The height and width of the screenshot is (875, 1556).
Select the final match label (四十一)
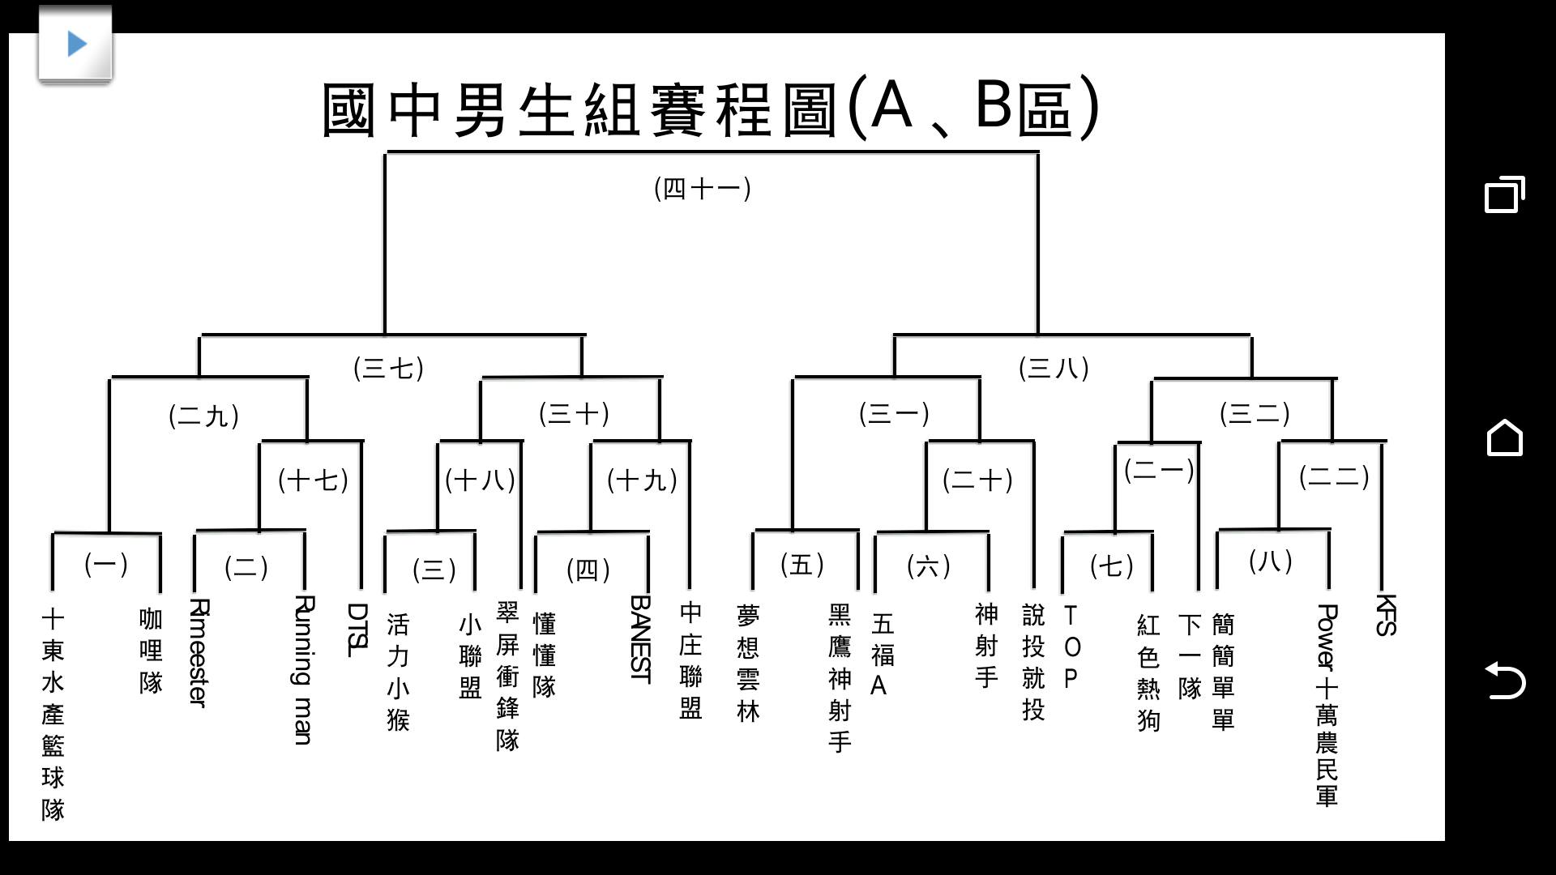click(703, 189)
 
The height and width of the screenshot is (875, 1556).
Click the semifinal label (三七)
click(389, 369)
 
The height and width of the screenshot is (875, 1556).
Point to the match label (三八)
click(1054, 369)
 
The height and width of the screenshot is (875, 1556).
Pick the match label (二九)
click(203, 416)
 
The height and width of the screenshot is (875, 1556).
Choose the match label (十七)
click(313, 480)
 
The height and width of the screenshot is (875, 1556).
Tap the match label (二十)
click(977, 480)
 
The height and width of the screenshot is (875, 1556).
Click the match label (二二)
click(1334, 476)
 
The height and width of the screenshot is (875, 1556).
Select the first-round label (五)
click(802, 565)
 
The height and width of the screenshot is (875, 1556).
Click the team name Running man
click(302, 670)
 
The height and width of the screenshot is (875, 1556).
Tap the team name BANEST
click(640, 640)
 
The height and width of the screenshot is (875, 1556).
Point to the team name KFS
click(1386, 615)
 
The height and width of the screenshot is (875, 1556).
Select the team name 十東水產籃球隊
click(53, 715)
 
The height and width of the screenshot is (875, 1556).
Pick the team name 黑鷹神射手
click(840, 678)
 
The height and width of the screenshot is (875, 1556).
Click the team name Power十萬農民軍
click(1327, 705)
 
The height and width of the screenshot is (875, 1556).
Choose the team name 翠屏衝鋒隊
click(507, 676)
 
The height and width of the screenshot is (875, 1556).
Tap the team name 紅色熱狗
click(1148, 673)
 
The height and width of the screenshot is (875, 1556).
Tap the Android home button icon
click(1505, 437)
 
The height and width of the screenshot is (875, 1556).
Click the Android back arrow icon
click(1505, 680)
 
